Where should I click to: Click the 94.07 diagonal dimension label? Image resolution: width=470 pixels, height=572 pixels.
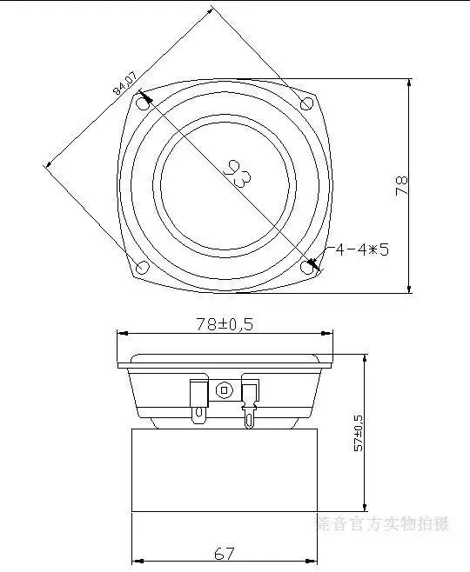click(124, 85)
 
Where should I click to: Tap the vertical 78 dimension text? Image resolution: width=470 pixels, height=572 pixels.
click(401, 185)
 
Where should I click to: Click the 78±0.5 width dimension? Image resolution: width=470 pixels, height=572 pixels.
click(225, 323)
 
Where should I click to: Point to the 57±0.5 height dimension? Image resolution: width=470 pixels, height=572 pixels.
click(357, 432)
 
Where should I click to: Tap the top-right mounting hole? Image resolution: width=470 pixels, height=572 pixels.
click(306, 103)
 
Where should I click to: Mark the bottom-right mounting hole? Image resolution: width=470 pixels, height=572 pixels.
click(307, 267)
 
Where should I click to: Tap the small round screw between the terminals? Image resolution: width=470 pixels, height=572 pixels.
click(225, 390)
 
